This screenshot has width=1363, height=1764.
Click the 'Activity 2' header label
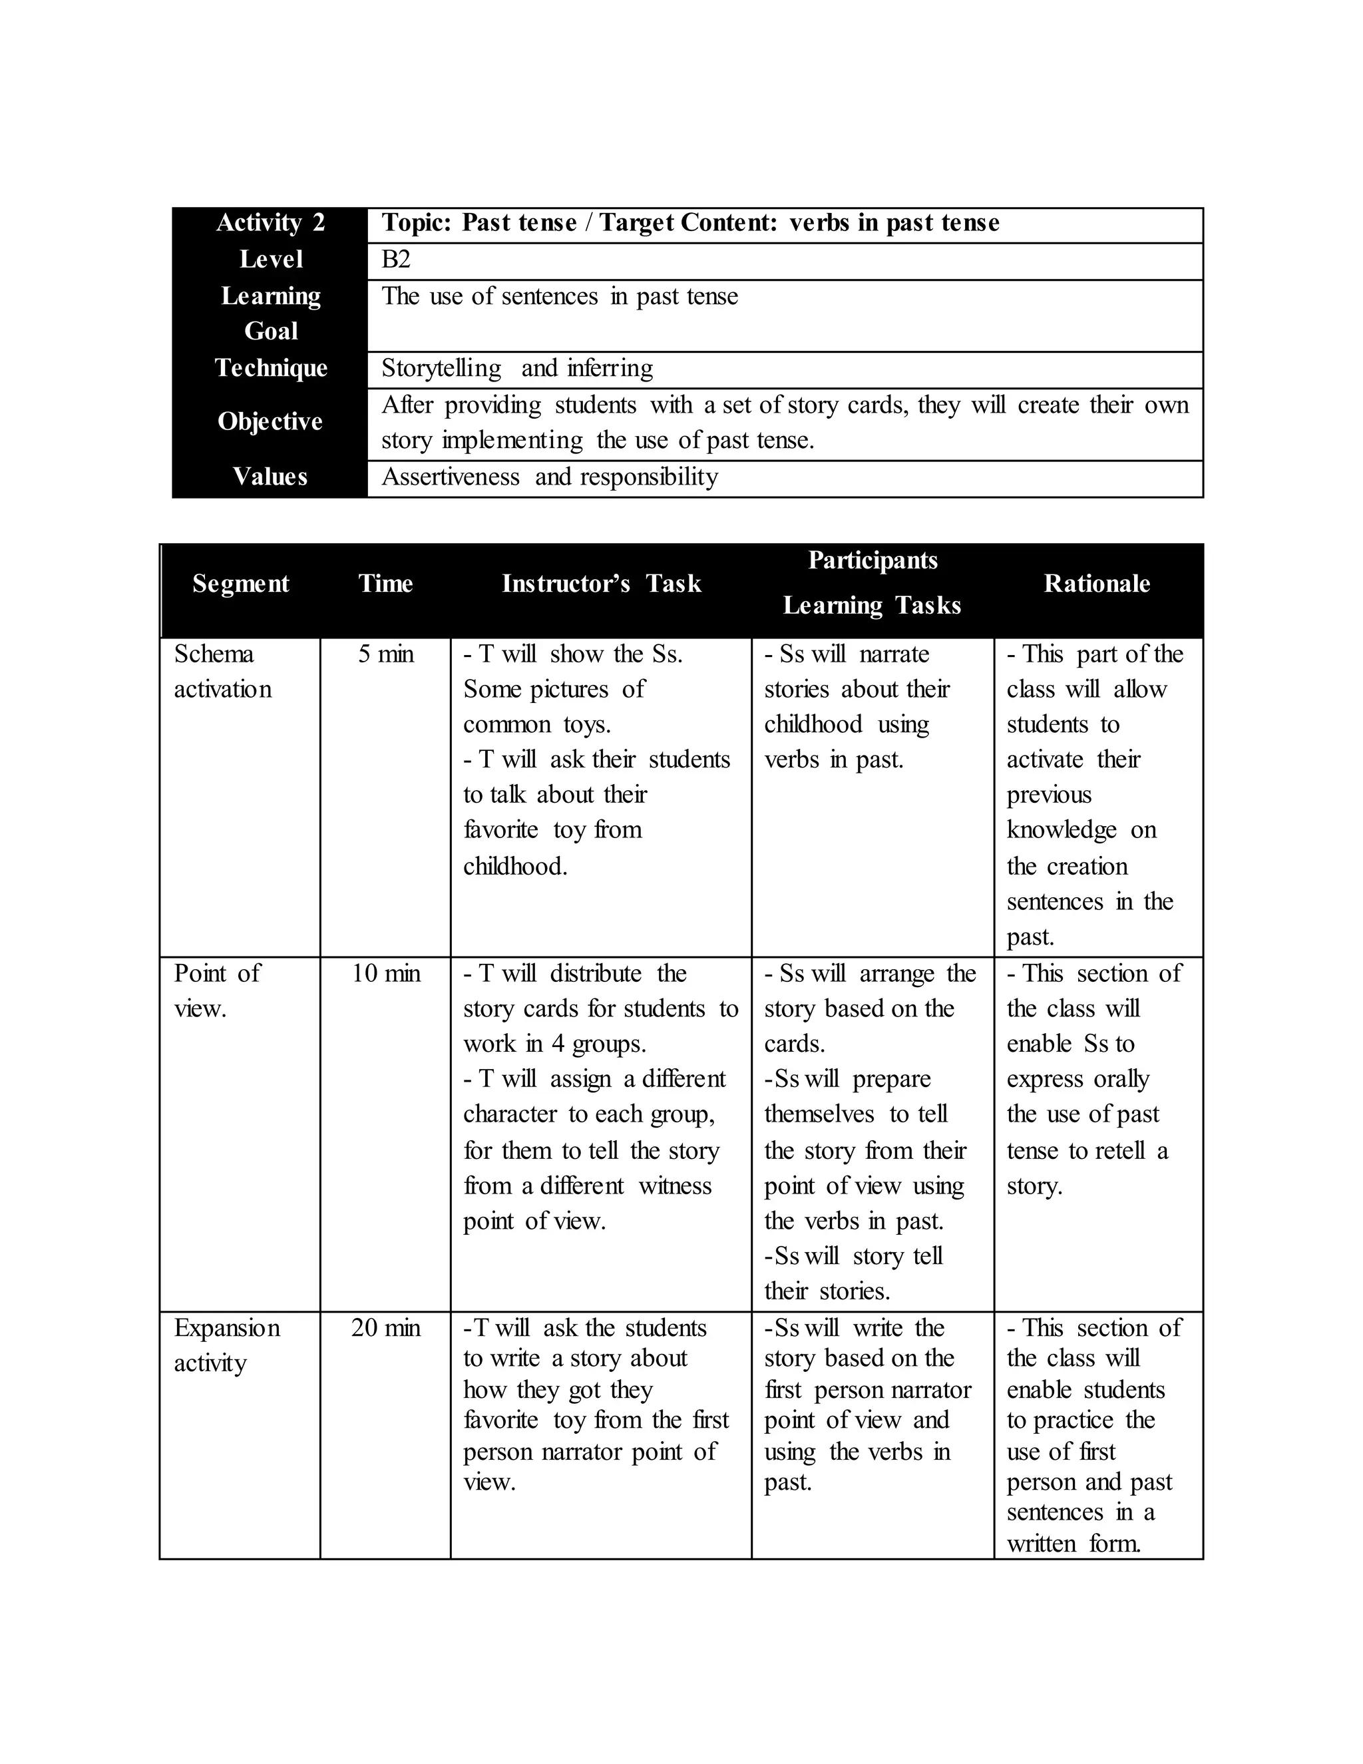coord(270,223)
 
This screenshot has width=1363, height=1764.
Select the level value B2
coord(396,259)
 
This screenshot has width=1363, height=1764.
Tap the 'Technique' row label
coord(270,368)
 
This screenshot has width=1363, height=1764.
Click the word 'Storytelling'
coord(441,368)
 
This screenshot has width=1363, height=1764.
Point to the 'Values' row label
coord(270,477)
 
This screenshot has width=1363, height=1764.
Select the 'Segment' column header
coord(241,583)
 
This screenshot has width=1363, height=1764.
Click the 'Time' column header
coord(385,583)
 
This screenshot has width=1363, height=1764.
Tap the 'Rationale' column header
coord(1097,583)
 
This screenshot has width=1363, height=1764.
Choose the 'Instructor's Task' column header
coord(602,583)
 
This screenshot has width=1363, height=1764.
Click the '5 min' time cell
coord(385,654)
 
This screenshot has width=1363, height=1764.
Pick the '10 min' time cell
coord(385,973)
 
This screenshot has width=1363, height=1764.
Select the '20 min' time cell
coord(385,1328)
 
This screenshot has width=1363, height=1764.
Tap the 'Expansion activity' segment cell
coord(227,1345)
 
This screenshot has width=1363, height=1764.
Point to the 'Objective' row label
coord(270,421)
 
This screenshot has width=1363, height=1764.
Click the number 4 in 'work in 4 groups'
coord(558,1044)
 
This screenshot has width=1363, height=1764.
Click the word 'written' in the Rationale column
coord(1042,1544)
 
